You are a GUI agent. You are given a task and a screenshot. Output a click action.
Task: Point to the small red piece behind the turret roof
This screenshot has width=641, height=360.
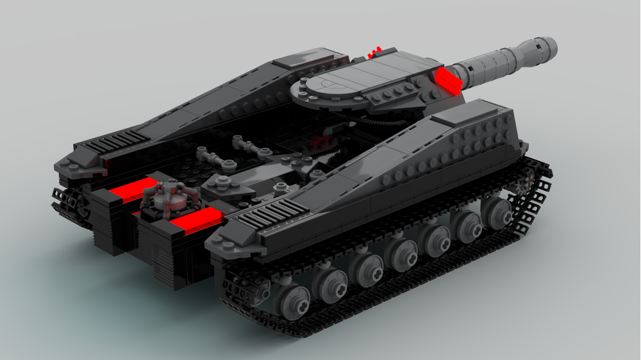pyautogui.click(x=376, y=50)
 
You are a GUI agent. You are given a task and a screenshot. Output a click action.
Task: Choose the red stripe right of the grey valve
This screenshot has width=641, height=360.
pyautogui.click(x=196, y=221)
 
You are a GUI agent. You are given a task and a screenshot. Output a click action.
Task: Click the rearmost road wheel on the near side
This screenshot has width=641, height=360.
pyautogui.click(x=295, y=298)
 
